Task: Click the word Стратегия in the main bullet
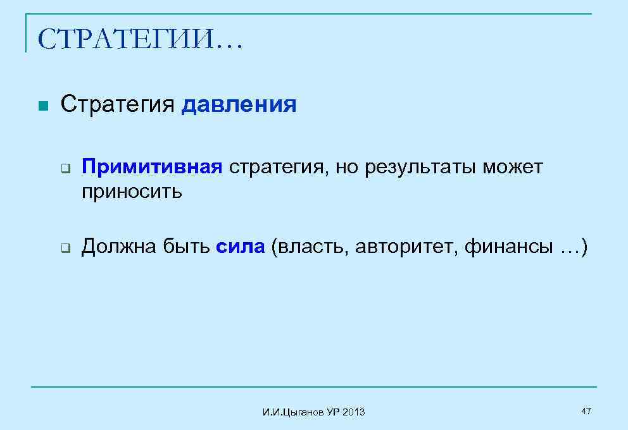pyautogui.click(x=116, y=104)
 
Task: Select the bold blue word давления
pyautogui.click(x=239, y=104)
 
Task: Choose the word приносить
pyautogui.click(x=132, y=192)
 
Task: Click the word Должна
pyautogui.click(x=116, y=247)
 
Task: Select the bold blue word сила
pyautogui.click(x=240, y=247)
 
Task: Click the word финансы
pyautogui.click(x=508, y=247)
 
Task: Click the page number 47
pyautogui.click(x=586, y=412)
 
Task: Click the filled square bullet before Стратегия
pyautogui.click(x=42, y=105)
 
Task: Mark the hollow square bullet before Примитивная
pyautogui.click(x=65, y=169)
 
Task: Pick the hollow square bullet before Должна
pyautogui.click(x=65, y=248)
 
